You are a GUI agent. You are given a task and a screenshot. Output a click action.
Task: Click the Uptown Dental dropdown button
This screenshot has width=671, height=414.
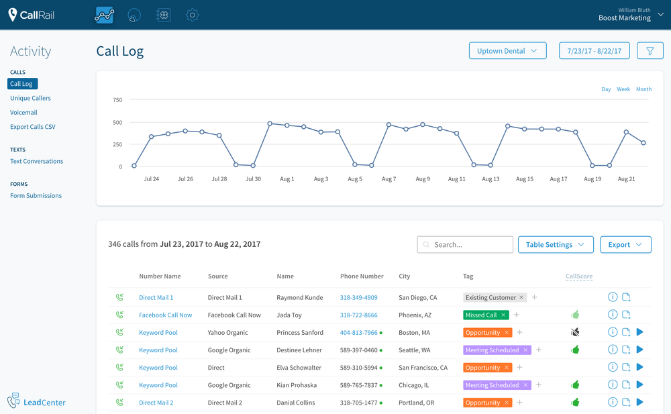pyautogui.click(x=507, y=51)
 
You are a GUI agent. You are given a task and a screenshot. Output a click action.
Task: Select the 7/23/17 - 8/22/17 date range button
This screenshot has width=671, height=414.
pyautogui.click(x=594, y=51)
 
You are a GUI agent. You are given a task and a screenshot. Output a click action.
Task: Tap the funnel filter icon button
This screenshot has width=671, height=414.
pyautogui.click(x=650, y=51)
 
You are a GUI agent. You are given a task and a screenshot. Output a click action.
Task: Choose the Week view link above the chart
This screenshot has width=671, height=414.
pyautogui.click(x=623, y=89)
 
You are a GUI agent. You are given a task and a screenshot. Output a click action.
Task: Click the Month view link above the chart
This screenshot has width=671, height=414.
pyautogui.click(x=643, y=89)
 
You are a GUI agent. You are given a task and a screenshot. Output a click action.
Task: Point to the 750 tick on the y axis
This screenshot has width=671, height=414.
pyautogui.click(x=117, y=100)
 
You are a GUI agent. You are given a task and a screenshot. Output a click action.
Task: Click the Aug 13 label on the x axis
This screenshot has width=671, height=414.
pyautogui.click(x=491, y=179)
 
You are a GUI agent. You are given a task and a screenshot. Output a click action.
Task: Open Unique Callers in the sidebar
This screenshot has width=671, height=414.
pyautogui.click(x=30, y=98)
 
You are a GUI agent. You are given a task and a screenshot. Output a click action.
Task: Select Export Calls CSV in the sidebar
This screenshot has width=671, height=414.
pyautogui.click(x=33, y=127)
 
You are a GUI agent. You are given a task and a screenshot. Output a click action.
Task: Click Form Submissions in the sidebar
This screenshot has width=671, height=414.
pyautogui.click(x=36, y=196)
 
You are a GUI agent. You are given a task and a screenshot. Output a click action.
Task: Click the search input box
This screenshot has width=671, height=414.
pyautogui.click(x=465, y=245)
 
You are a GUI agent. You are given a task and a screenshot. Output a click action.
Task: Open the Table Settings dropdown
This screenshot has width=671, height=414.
pyautogui.click(x=555, y=245)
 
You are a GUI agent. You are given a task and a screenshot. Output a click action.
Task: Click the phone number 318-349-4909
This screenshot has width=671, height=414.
pyautogui.click(x=358, y=298)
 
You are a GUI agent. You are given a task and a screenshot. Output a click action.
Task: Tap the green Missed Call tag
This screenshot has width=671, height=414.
pyautogui.click(x=481, y=315)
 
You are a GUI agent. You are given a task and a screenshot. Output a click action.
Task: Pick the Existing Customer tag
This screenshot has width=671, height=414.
pyautogui.click(x=491, y=298)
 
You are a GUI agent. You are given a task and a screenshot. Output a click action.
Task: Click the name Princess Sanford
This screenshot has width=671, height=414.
pyautogui.click(x=299, y=333)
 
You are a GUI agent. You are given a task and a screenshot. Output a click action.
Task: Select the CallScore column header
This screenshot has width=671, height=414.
pyautogui.click(x=578, y=276)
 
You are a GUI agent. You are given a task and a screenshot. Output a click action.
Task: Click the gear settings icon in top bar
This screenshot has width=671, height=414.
pyautogui.click(x=193, y=15)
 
